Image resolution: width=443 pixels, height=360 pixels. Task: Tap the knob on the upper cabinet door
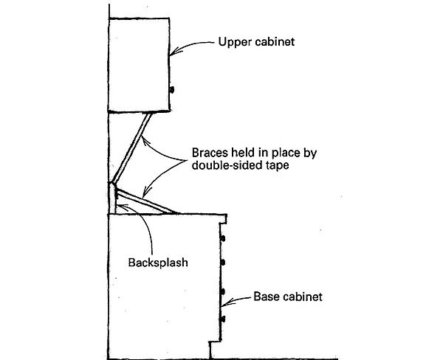tap(172, 89)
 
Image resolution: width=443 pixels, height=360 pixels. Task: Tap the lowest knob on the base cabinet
tap(221, 319)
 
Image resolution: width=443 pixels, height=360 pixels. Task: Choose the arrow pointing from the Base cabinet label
tap(238, 300)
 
